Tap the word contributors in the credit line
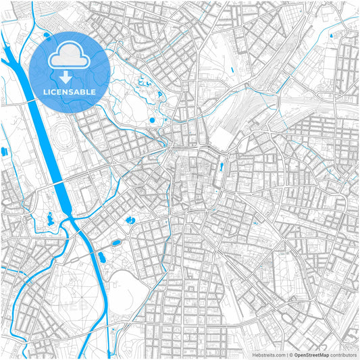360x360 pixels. (x=344, y=355)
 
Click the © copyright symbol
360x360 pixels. (x=290, y=355)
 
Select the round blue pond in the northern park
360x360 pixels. (x=153, y=120)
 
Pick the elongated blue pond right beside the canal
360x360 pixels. (x=103, y=257)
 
